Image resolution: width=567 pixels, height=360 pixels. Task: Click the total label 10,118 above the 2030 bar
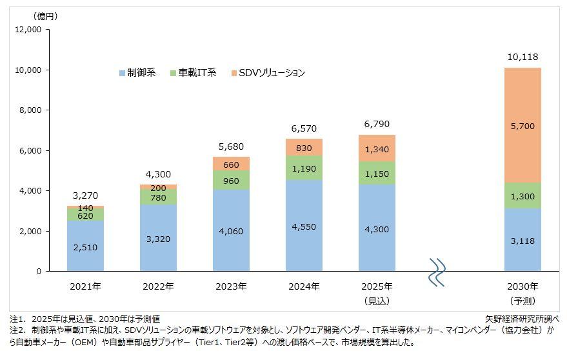coord(522,57)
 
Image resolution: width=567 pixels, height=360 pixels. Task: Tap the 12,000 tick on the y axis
coord(28,30)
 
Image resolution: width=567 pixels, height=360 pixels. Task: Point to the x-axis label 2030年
coord(522,286)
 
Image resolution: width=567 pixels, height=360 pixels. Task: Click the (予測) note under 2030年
coord(522,301)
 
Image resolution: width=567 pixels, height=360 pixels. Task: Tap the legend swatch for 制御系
coord(123,73)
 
